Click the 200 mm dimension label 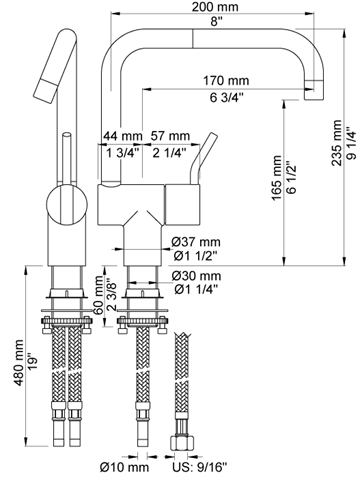point(215,7)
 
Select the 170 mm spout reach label point(226,81)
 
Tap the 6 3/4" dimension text point(227,98)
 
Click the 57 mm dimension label point(170,136)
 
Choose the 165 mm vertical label point(277,178)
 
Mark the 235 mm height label point(337,143)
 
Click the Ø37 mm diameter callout point(196,241)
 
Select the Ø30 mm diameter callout point(196,276)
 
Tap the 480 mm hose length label point(19,363)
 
